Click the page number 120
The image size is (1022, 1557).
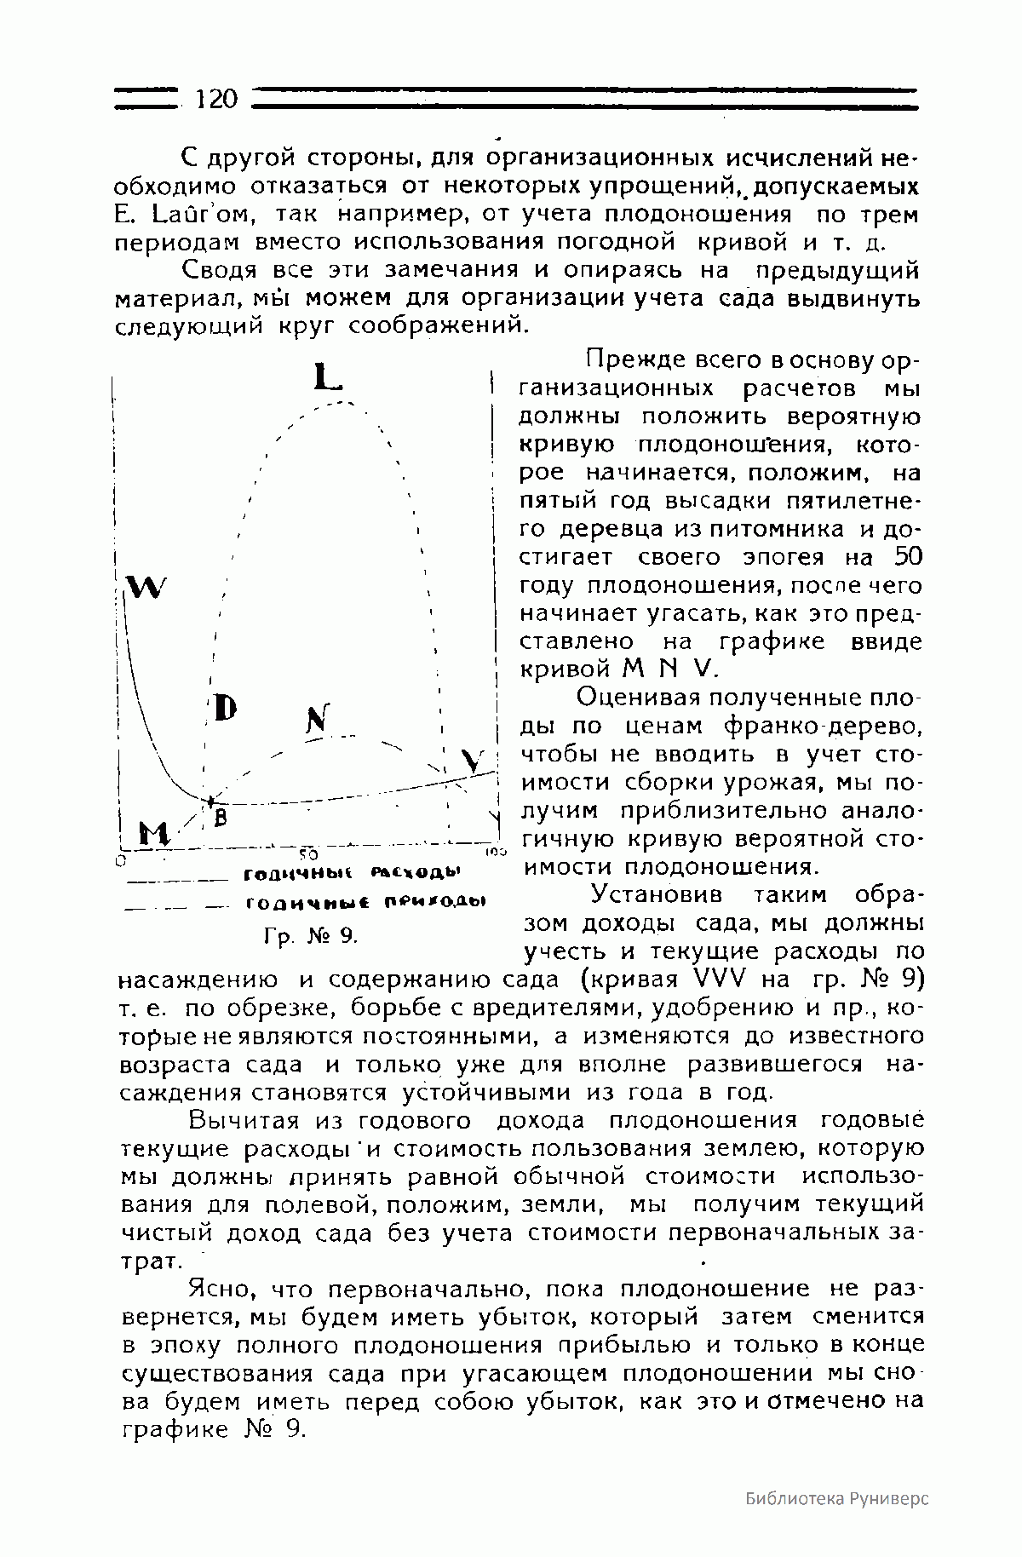pos(215,100)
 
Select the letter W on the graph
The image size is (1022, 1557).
pos(146,587)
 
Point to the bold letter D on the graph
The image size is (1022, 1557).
pos(225,707)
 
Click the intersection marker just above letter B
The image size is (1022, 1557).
pos(210,801)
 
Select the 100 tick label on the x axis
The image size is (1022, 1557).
pos(497,851)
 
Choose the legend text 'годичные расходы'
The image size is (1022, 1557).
pos(352,874)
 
